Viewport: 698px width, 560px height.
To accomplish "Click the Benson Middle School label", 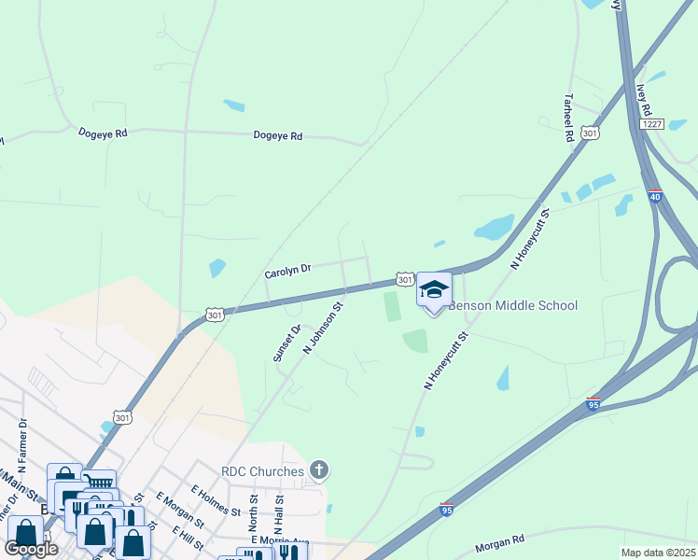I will point(513,305).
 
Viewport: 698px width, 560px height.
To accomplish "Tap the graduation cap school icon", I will point(434,290).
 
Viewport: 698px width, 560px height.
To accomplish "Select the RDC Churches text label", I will point(262,471).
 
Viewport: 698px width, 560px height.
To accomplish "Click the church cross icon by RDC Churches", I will point(318,469).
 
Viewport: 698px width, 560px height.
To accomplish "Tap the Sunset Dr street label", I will point(286,343).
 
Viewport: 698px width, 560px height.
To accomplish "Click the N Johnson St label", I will point(324,327).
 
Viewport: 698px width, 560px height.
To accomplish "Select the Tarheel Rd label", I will point(568,118).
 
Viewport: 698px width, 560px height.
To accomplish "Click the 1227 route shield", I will point(650,124).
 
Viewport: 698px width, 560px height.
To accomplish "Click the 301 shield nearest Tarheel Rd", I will point(589,134).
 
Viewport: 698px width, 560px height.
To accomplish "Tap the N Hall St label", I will point(278,514).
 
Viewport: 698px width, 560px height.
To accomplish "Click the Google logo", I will point(31,549).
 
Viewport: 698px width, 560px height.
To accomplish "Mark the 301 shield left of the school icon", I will point(404,279).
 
